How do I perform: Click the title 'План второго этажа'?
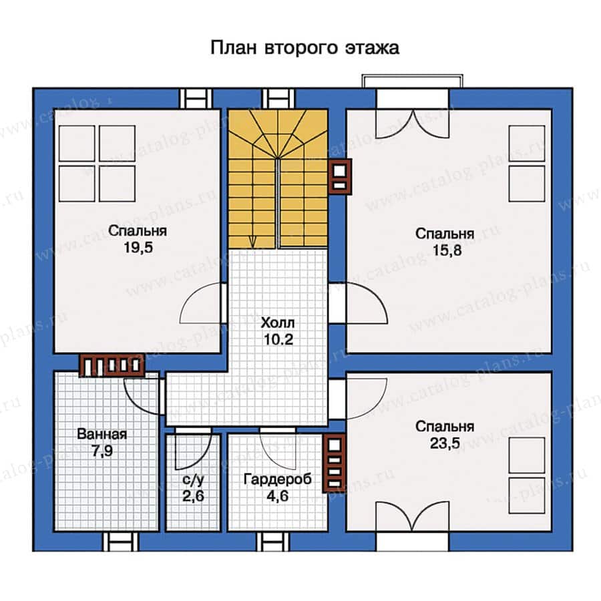[305, 48]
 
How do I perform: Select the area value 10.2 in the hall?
[278, 339]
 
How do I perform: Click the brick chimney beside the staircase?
[339, 176]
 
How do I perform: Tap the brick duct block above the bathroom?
[112, 365]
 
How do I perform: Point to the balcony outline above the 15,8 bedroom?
[412, 81]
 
